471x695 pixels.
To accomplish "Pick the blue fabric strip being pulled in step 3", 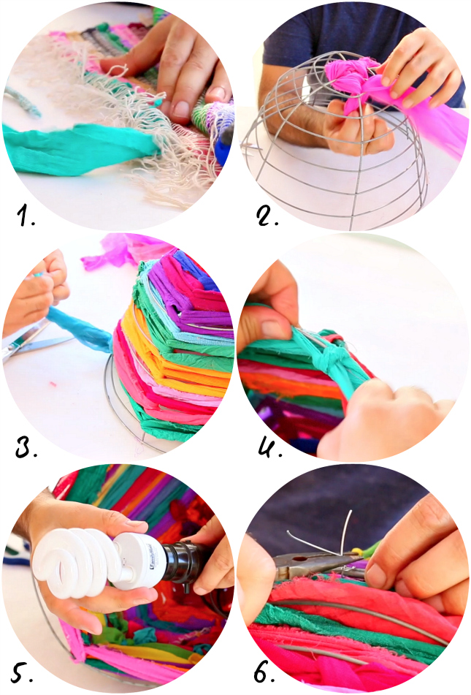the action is point(80,328).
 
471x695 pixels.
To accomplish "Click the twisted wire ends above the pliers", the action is point(323,536).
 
